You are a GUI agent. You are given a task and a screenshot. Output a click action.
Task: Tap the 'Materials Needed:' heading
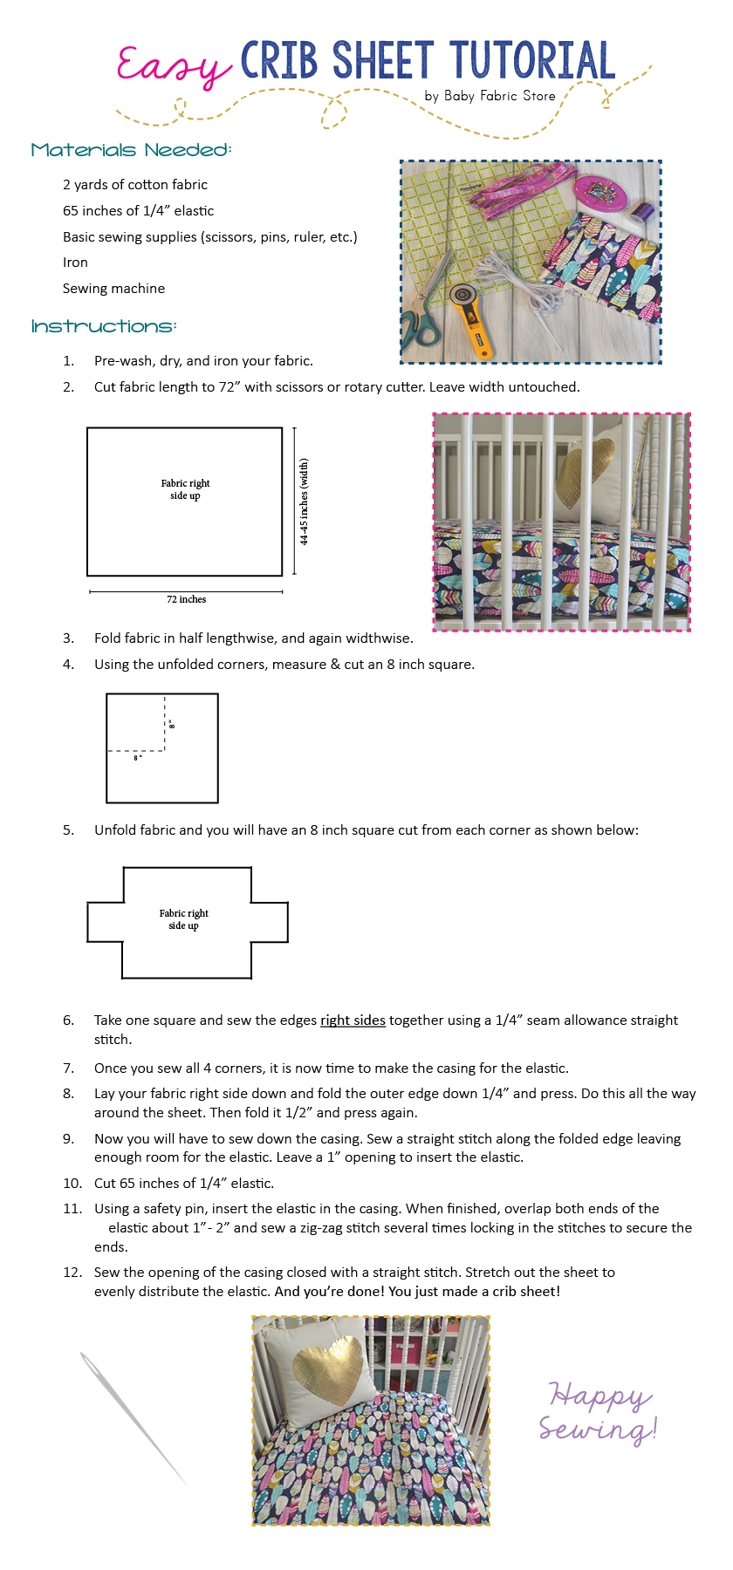(131, 150)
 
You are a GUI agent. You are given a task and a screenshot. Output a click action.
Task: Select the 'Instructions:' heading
(104, 326)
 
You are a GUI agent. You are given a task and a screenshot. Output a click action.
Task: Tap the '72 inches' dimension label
(186, 599)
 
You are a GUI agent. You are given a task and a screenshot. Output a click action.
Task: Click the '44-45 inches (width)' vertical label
(304, 502)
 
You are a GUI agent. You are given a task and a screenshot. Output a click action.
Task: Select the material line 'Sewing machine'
(113, 289)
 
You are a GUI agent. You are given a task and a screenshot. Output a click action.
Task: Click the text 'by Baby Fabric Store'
(490, 96)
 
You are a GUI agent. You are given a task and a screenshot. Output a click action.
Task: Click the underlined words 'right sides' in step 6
(353, 1020)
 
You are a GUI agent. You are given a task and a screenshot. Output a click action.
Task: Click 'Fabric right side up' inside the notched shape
(184, 919)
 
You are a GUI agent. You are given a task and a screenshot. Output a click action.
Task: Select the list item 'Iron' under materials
(75, 263)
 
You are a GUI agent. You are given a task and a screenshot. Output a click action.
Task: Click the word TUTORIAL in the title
(532, 61)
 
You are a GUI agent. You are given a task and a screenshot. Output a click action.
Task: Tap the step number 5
(68, 830)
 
